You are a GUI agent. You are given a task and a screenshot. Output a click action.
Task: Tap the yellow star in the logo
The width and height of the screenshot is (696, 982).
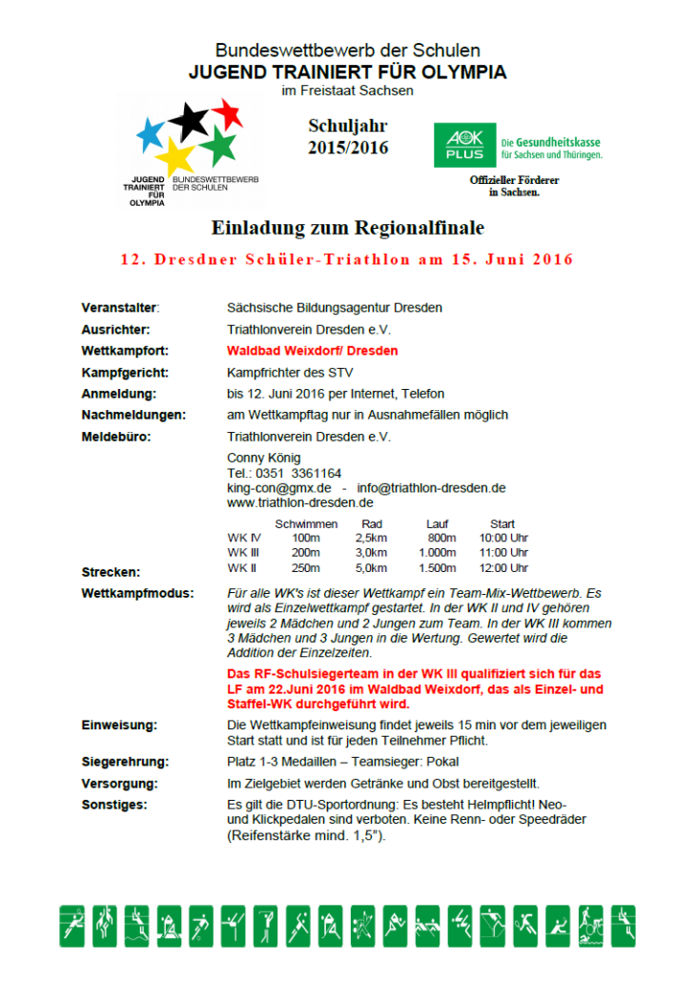[174, 154]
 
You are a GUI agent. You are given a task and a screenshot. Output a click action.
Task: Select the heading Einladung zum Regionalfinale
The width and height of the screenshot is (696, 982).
[347, 228]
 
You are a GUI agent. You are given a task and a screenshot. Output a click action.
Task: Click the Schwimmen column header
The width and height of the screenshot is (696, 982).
[306, 523]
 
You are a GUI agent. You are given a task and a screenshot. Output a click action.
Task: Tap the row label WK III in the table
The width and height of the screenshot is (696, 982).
[243, 552]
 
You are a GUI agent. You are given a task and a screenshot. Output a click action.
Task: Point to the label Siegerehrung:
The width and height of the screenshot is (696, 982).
[124, 762]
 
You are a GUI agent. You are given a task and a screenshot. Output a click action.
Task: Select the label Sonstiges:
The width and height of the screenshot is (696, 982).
[114, 806]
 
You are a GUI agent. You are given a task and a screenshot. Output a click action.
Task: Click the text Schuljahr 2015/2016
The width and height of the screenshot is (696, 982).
[348, 137]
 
